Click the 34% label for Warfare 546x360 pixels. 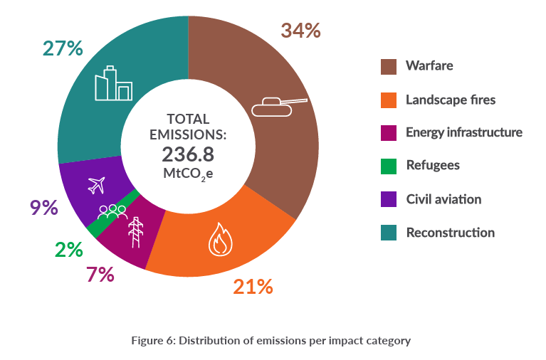tap(300, 31)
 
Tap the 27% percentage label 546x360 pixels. tap(63, 48)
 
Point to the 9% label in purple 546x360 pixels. tap(43, 207)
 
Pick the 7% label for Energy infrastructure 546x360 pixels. tap(100, 275)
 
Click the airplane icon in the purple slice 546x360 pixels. tap(96, 185)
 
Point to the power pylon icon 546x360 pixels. tap(135, 231)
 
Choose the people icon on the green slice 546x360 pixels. tap(112, 211)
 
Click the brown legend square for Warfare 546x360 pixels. tap(388, 66)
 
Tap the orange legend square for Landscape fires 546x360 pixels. tap(388, 100)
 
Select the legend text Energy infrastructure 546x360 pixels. tap(463, 132)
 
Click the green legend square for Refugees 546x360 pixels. tap(388, 166)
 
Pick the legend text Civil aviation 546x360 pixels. tap(443, 198)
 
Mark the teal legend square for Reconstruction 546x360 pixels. tap(388, 232)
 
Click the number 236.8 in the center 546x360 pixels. tap(188, 154)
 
